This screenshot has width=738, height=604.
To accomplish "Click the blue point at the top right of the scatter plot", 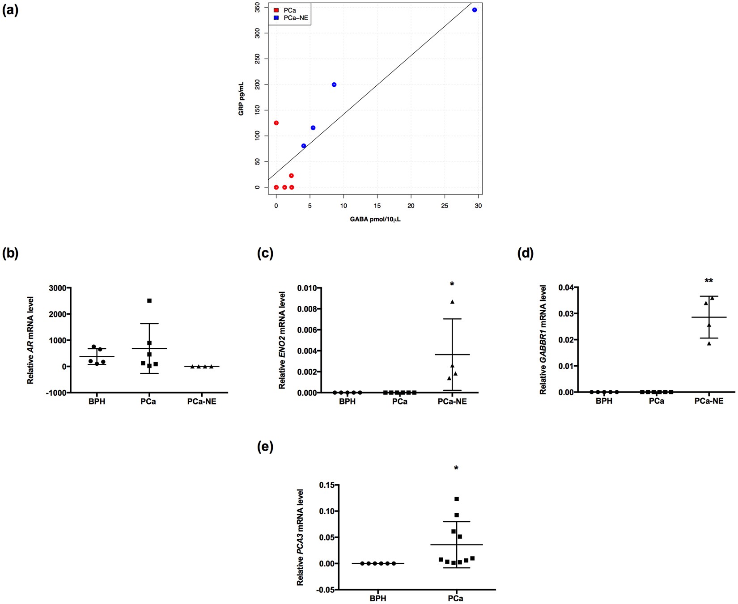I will [475, 10].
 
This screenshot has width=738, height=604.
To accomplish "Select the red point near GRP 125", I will [276, 123].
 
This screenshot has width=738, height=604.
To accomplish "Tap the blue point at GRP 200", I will [334, 84].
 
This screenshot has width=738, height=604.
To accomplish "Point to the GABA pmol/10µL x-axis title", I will [375, 220].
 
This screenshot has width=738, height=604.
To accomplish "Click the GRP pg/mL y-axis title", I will [241, 99].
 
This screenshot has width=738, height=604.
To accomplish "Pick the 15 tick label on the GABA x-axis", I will [377, 206].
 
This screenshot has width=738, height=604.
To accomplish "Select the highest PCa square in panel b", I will [149, 301].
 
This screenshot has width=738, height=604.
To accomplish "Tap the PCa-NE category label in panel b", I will [202, 401].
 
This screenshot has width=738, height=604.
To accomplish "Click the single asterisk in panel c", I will [452, 284].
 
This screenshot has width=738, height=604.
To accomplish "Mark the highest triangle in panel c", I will [452, 302].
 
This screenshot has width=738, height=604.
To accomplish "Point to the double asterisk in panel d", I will [709, 281].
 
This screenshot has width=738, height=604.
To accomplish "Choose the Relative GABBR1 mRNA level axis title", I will [543, 340].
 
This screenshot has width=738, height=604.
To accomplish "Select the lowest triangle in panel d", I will [709, 343].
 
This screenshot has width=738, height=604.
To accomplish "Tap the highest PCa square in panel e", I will [457, 499].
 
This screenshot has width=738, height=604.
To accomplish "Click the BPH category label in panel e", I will [378, 598].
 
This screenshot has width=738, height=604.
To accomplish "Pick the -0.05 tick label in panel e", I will [326, 590].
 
